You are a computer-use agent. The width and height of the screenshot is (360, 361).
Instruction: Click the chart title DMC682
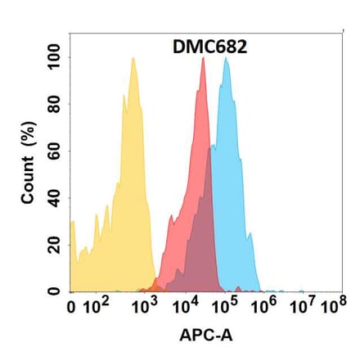[x=201, y=47]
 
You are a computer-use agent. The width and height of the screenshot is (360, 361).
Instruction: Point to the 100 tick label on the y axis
[x=55, y=59]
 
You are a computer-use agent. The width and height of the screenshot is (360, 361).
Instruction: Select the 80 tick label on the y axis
[x=55, y=105]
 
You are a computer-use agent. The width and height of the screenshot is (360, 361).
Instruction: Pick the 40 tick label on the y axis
[x=55, y=198]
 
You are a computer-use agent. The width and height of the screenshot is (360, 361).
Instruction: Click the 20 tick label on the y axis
[x=55, y=245]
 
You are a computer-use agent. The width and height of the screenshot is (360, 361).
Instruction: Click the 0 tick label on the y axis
[x=55, y=291]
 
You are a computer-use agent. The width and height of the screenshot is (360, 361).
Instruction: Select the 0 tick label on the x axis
[x=72, y=309]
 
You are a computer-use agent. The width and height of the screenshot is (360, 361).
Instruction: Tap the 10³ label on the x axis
[x=146, y=307]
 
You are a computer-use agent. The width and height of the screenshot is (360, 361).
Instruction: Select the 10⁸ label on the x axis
[x=332, y=307]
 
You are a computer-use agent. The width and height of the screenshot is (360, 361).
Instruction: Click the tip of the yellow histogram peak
[x=133, y=58]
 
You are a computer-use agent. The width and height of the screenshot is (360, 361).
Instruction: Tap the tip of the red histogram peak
[x=202, y=58]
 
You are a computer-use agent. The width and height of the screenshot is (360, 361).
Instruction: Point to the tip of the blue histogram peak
[x=226, y=58]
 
